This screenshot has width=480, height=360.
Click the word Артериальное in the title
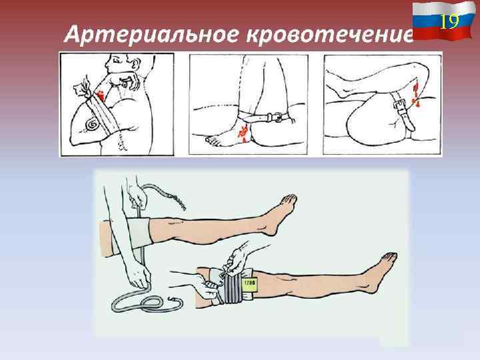tap(151, 34)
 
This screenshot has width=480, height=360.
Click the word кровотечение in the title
tap(330, 34)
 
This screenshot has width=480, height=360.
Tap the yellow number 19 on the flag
tap(450, 21)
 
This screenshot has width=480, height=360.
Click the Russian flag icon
tap(444, 20)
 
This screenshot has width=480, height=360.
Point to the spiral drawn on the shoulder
tap(93, 124)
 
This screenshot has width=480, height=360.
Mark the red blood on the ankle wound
tap(243, 134)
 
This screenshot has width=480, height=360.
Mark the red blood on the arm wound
tap(101, 95)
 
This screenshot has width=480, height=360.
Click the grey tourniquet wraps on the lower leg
tap(233, 287)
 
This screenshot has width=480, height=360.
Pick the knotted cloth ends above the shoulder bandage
tap(82, 86)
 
